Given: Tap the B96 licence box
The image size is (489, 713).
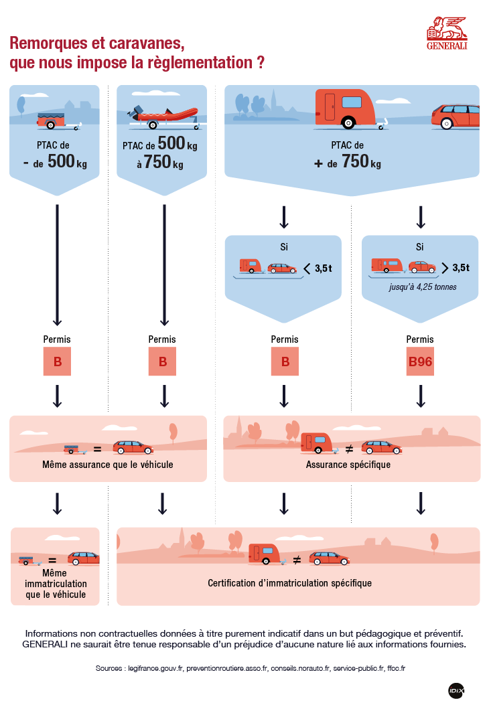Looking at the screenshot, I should [x=420, y=362].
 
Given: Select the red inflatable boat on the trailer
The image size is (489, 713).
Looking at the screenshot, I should [x=166, y=116].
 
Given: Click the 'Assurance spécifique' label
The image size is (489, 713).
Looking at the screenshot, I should [x=348, y=464].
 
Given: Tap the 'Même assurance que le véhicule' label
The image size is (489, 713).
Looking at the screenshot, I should [x=108, y=464].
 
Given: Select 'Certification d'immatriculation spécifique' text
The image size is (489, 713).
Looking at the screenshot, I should [x=289, y=583].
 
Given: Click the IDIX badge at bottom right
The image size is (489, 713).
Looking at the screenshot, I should [x=456, y=690].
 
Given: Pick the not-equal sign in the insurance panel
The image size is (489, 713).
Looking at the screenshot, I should [x=349, y=447].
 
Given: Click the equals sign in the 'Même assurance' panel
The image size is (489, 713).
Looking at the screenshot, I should [x=97, y=449].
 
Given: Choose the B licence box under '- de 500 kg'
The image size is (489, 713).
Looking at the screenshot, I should [x=58, y=362].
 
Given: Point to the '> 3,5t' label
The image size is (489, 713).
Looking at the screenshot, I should [x=456, y=268].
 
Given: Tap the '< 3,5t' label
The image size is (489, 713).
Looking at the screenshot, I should [x=318, y=268].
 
